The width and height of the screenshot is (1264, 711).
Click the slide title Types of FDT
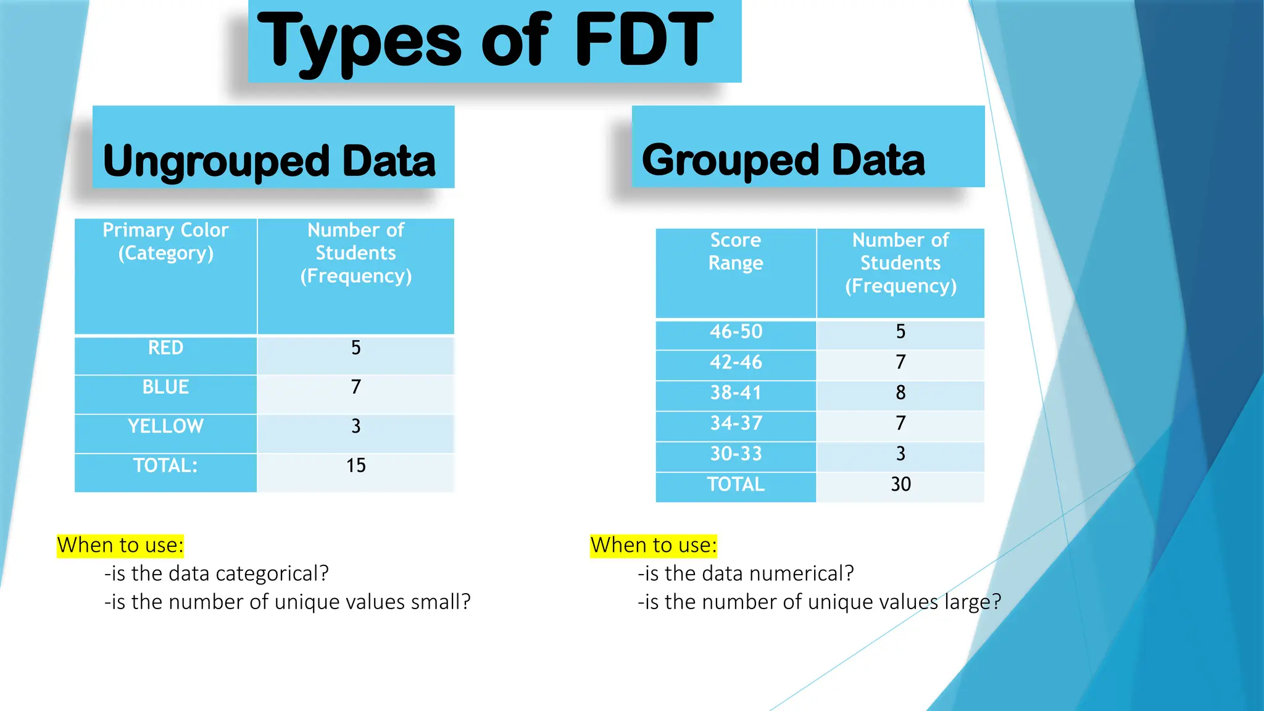(485, 41)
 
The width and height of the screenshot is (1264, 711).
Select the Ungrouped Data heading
(270, 161)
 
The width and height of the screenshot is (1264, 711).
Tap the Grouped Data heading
(783, 160)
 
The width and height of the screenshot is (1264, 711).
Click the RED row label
(165, 348)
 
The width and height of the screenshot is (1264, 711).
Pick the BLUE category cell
(165, 387)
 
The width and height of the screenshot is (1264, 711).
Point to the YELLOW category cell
(165, 426)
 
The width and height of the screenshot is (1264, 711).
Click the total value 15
(355, 465)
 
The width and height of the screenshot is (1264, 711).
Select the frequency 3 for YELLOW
(355, 426)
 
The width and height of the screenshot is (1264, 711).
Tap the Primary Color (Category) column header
(165, 241)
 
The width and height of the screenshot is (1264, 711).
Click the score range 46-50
(736, 332)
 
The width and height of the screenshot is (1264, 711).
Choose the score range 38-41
(736, 393)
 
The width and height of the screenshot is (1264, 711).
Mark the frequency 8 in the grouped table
(900, 393)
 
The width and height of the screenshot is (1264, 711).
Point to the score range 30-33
(736, 454)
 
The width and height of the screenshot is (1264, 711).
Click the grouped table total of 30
(900, 484)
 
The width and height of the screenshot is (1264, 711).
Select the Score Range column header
(736, 251)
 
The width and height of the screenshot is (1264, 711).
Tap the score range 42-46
(736, 362)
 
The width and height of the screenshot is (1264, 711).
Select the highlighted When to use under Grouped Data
(653, 546)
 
